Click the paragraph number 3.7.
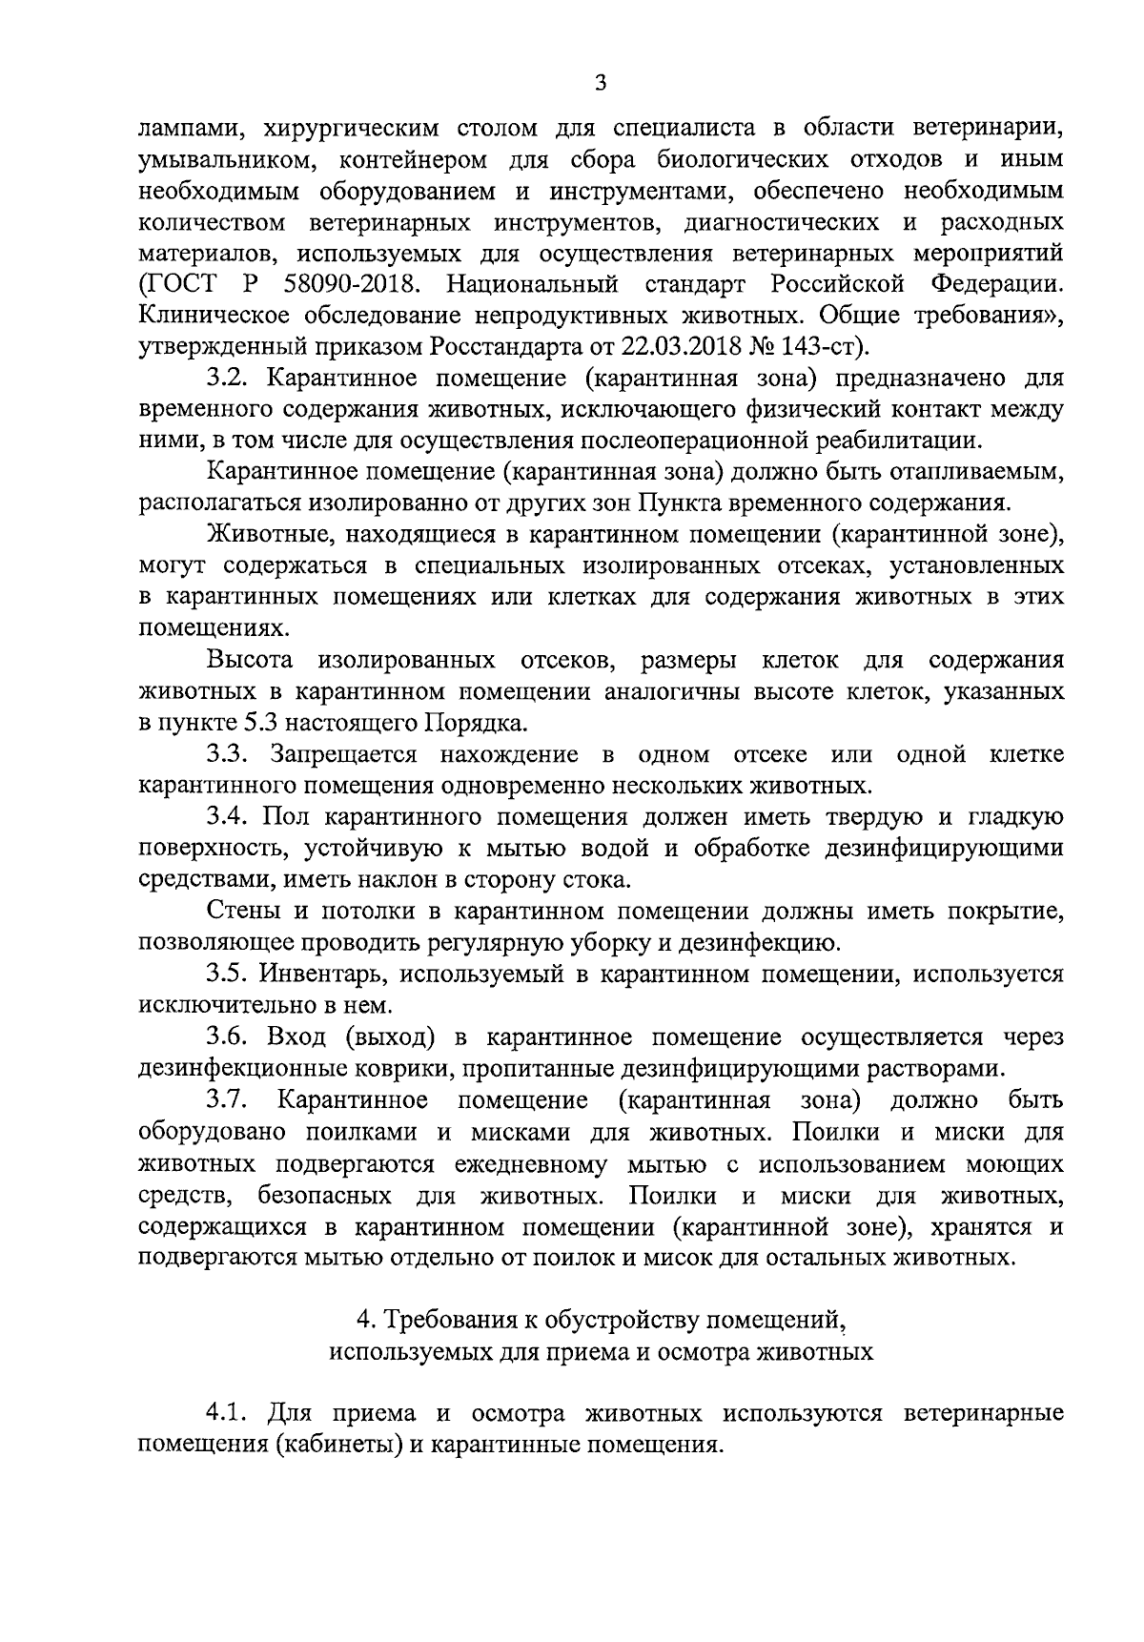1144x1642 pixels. [x=227, y=1099]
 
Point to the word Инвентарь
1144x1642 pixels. [x=325, y=974]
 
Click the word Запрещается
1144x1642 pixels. [x=343, y=754]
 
